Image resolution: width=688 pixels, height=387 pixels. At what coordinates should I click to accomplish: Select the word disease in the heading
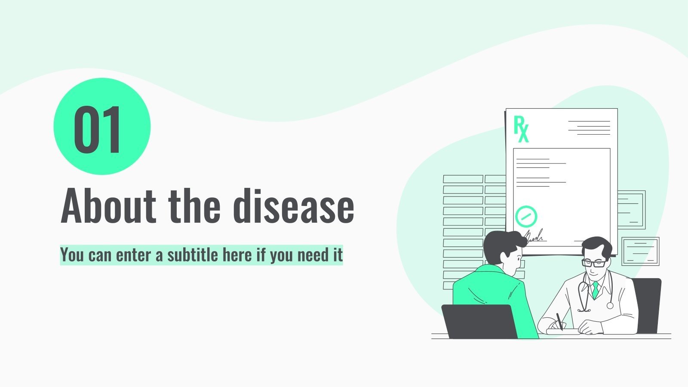tap(294, 206)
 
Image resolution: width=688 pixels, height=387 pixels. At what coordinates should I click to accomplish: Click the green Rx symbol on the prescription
tap(521, 129)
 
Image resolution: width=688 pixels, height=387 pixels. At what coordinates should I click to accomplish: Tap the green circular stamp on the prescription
tap(526, 216)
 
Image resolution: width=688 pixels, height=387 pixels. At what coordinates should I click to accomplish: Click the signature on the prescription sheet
tap(534, 236)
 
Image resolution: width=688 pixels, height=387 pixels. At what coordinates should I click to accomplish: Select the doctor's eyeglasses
tap(594, 263)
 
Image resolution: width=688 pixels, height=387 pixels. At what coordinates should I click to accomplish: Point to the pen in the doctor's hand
tap(559, 321)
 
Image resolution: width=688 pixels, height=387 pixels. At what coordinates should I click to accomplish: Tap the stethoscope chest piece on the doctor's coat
tap(610, 305)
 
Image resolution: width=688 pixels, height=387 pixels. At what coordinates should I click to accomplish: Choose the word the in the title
tap(195, 206)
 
